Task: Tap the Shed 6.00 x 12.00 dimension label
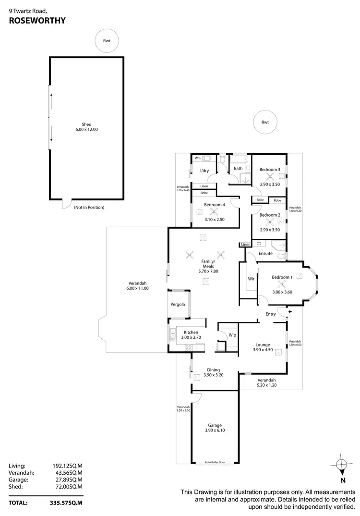pyautogui.click(x=86, y=130)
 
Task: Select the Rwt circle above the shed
pyautogui.click(x=107, y=41)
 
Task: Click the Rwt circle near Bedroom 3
pyautogui.click(x=265, y=122)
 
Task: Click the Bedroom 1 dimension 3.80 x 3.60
pyautogui.click(x=282, y=292)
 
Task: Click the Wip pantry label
pyautogui.click(x=232, y=335)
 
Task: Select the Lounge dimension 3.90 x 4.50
pyautogui.click(x=263, y=350)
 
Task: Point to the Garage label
pyautogui.click(x=215, y=425)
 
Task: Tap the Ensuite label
pyautogui.click(x=265, y=253)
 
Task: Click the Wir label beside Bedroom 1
pyautogui.click(x=251, y=279)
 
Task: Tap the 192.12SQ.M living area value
pyautogui.click(x=67, y=466)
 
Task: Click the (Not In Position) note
pyautogui.click(x=89, y=208)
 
